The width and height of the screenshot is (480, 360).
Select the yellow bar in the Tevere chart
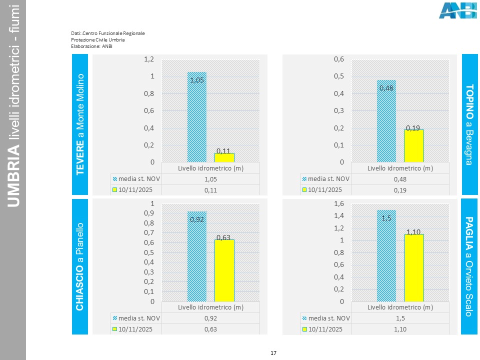[224, 157]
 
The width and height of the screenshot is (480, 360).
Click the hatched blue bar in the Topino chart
[386, 121]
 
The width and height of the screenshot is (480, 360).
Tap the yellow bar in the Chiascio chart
[224, 270]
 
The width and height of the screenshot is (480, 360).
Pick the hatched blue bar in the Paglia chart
[386, 255]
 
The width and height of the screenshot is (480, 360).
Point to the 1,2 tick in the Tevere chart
[149, 59]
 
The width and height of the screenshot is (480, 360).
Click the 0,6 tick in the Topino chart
[339, 59]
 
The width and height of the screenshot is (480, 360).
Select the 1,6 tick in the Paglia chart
[339, 203]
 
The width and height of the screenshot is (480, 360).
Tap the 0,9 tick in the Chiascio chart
[149, 213]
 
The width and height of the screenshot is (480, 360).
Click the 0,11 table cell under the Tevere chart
[210, 190]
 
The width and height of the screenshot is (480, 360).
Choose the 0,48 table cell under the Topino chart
[400, 179]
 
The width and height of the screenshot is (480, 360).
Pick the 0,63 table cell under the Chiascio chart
[210, 329]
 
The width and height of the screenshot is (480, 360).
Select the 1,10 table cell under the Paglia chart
[400, 329]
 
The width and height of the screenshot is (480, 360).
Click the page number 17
[273, 353]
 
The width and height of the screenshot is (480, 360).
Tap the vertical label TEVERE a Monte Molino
[80, 124]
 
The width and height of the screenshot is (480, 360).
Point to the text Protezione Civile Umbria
[97, 39]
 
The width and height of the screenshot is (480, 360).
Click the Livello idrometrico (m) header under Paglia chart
[400, 307]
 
